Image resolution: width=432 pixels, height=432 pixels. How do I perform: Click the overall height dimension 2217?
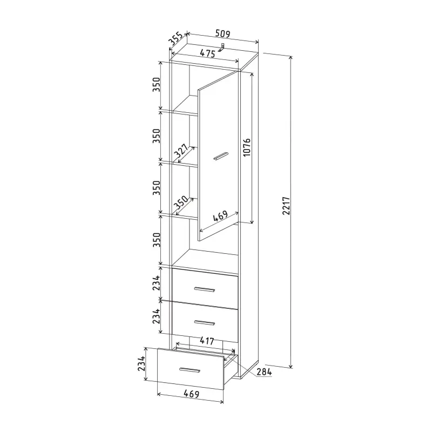pos(286,206)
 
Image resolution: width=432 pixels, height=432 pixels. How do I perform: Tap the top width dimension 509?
pos(222,33)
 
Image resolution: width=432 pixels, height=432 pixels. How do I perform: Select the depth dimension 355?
pos(176,38)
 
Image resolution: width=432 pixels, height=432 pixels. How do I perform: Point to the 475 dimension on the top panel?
pos(207,53)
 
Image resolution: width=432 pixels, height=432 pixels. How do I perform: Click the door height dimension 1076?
pos(247,147)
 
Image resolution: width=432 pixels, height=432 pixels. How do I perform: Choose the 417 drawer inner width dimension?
pos(207,341)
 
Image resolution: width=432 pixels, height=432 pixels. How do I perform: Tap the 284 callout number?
pos(264,372)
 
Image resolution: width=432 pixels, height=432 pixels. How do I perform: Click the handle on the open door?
pos(221,156)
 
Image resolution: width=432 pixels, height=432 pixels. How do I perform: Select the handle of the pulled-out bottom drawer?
pos(190,370)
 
